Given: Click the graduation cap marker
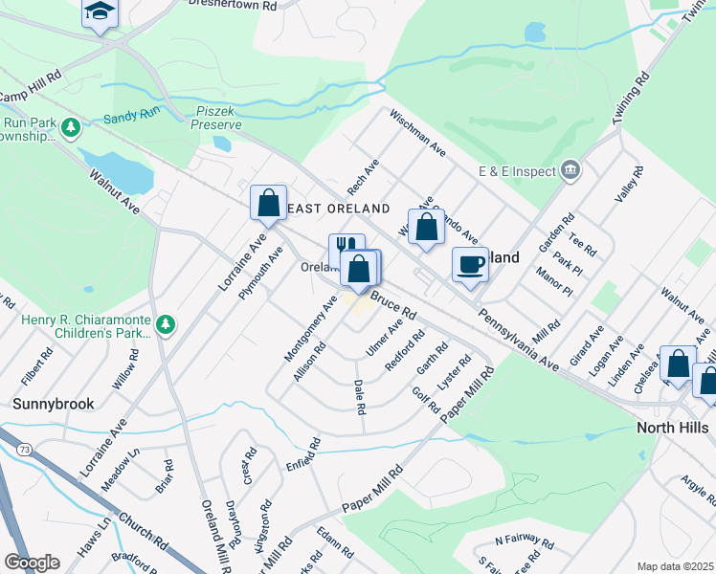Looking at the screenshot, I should [x=99, y=13].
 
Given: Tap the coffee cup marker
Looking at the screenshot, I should [x=470, y=264].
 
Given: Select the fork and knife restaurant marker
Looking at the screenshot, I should [x=346, y=250].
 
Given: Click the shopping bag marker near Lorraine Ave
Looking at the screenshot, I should [x=269, y=203].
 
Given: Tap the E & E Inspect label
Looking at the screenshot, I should [x=518, y=171].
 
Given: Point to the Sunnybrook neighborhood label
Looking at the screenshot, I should [x=54, y=404].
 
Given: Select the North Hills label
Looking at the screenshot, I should [x=673, y=428].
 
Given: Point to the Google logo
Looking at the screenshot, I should [x=32, y=563].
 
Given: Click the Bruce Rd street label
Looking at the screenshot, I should [x=393, y=306].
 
